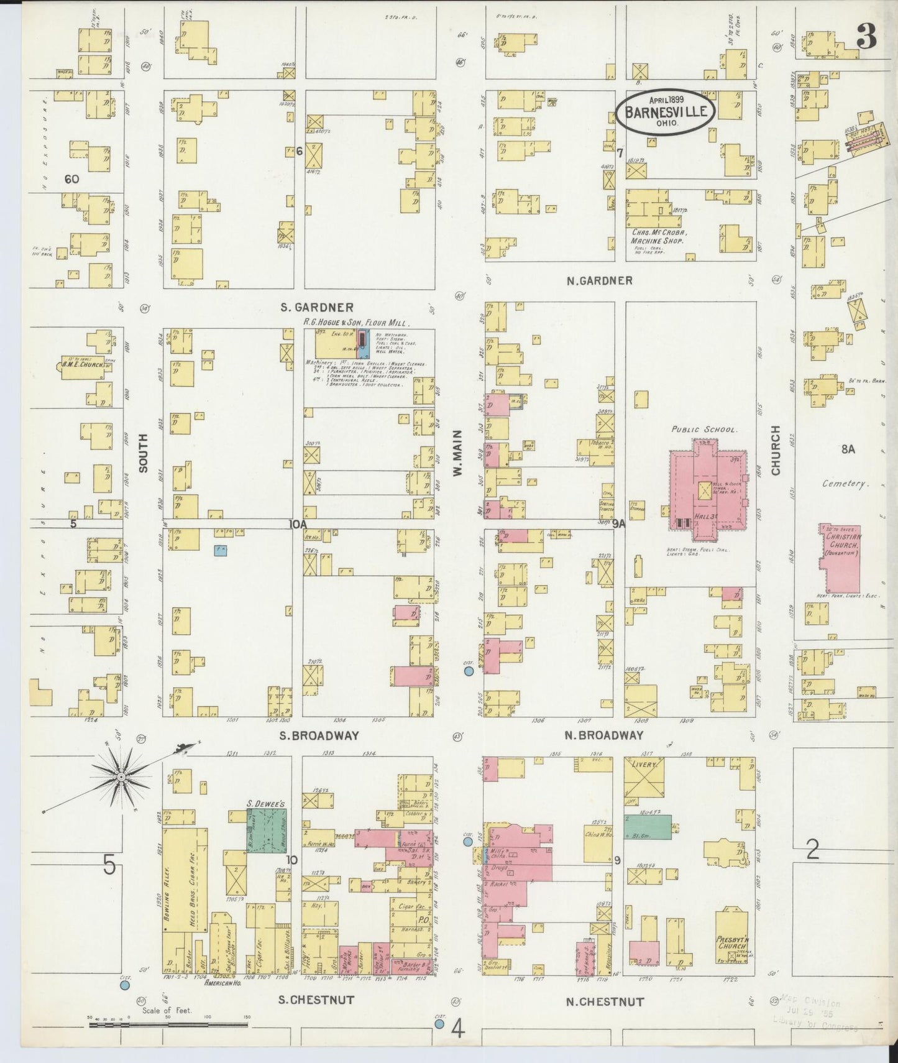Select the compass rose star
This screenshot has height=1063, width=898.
121,777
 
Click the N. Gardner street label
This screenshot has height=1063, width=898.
600,280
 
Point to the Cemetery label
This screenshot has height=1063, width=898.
844,483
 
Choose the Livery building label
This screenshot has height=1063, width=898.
644,765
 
